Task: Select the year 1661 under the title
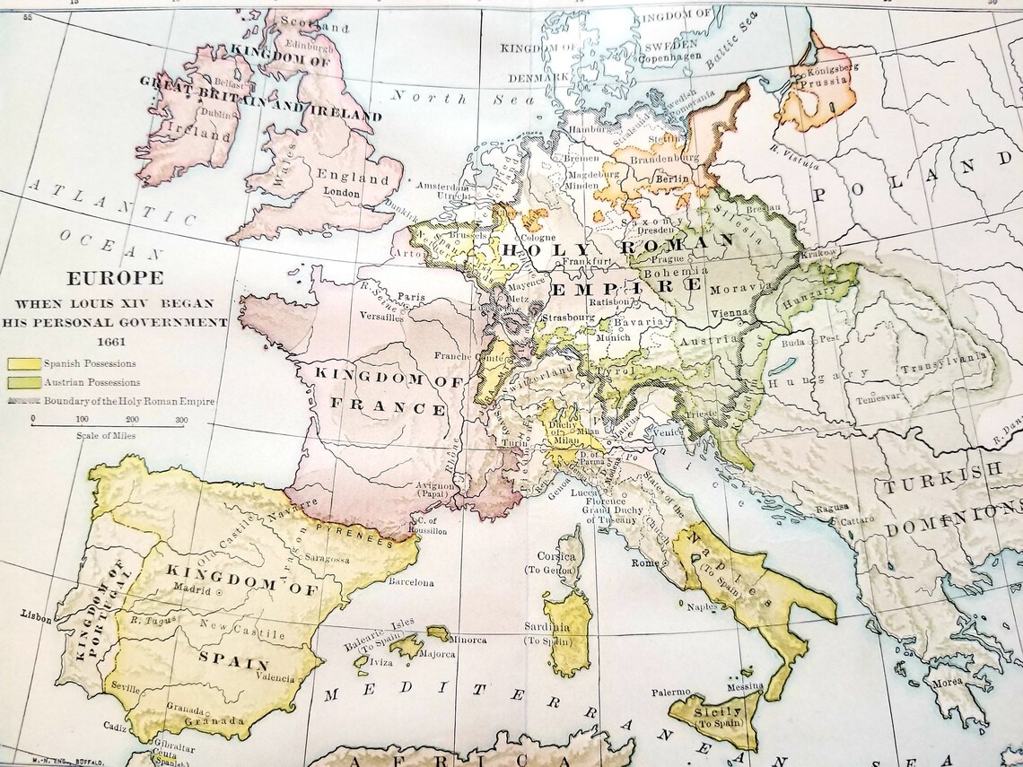pos(112,342)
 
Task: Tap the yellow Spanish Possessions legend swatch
pos(23,364)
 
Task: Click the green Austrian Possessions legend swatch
pos(23,383)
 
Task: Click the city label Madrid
pos(191,591)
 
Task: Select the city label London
pos(343,192)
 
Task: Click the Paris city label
pos(411,296)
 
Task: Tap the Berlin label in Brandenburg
pos(671,179)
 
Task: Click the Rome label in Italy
pos(644,563)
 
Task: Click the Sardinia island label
pos(547,628)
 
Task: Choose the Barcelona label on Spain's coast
pos(411,583)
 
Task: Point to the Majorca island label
pos(435,654)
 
